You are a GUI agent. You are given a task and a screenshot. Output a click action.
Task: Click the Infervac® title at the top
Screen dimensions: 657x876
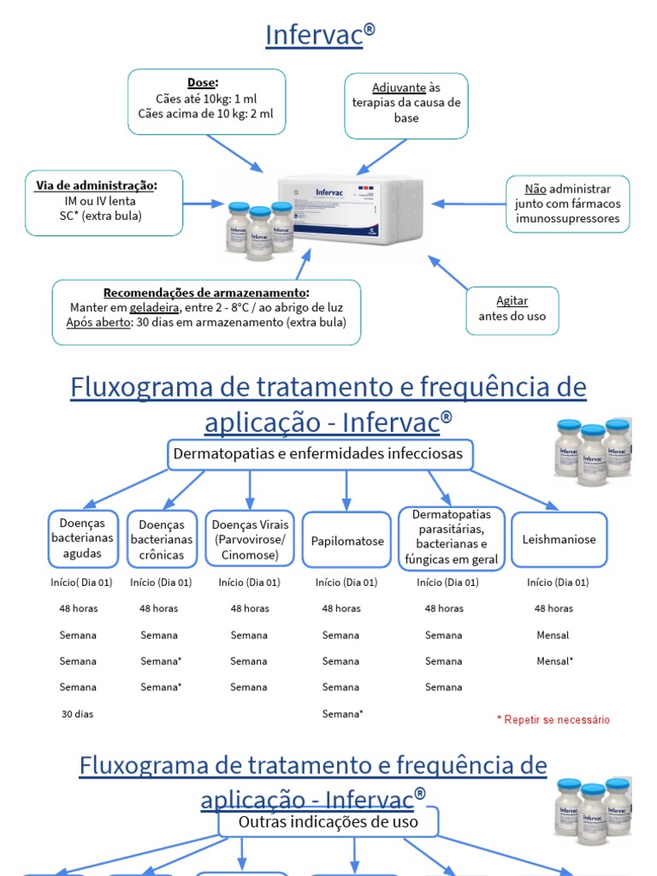320,34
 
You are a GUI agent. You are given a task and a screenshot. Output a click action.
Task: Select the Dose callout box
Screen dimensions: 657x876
206,102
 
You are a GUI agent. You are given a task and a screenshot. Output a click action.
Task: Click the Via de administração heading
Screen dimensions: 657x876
97,186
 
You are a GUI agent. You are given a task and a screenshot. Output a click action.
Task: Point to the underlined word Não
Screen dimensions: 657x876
536,189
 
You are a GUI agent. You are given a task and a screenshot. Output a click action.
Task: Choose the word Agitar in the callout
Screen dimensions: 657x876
512,301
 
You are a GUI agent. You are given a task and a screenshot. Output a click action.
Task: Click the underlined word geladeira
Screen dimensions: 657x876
155,308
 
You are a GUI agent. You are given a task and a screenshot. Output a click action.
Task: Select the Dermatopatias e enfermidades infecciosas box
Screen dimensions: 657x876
318,454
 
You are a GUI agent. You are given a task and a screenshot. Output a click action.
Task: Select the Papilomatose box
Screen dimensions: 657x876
347,541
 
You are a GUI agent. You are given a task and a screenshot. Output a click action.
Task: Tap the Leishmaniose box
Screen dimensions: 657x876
559,540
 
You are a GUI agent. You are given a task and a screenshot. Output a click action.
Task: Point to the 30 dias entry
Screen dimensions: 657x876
77,714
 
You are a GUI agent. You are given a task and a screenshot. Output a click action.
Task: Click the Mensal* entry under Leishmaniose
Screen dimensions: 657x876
555,661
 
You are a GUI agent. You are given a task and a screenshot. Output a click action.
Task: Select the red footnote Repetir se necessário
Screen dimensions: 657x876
553,720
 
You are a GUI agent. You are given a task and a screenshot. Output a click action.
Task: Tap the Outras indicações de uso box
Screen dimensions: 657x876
328,823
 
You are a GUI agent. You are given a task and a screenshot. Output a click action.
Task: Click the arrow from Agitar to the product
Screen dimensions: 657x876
448,273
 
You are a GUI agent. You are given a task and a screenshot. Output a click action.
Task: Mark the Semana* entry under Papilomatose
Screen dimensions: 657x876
343,714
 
